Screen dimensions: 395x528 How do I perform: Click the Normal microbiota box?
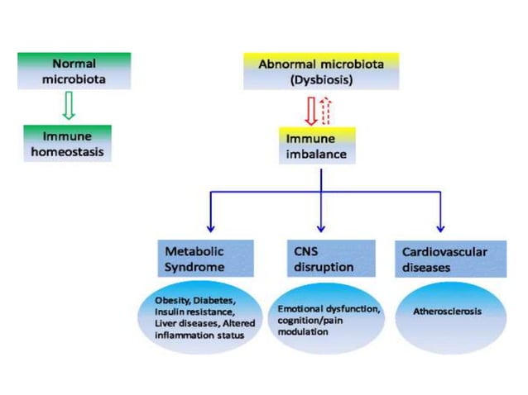[74, 72]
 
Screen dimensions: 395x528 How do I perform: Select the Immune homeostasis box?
[67, 144]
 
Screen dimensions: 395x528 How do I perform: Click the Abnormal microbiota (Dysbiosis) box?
[321, 71]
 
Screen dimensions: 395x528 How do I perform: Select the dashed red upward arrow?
[325, 109]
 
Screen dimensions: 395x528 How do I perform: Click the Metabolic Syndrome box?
[204, 258]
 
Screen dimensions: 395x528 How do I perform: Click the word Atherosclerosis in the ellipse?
[447, 312]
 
